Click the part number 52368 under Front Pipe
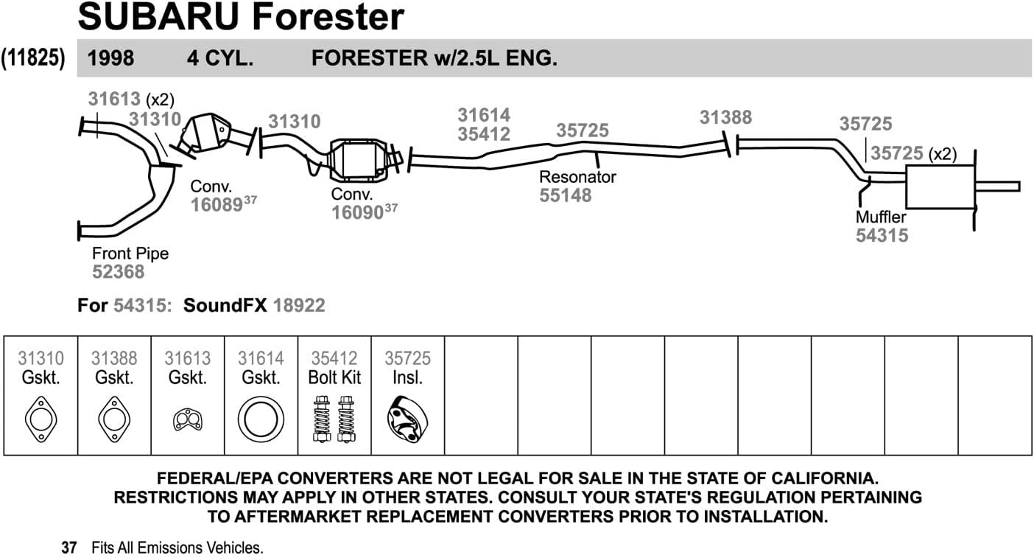click(118, 272)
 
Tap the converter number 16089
click(217, 205)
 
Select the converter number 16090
click(357, 213)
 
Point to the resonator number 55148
click(565, 195)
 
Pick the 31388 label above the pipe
click(725, 117)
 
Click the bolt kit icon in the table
click(334, 418)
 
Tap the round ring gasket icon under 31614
click(261, 419)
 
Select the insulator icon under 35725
click(407, 419)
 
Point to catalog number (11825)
click(34, 58)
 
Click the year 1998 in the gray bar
click(110, 59)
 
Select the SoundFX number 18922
click(298, 305)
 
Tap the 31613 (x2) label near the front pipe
click(131, 99)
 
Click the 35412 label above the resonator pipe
click(483, 134)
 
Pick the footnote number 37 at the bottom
click(69, 548)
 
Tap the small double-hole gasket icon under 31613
click(187, 419)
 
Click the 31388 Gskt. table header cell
click(114, 368)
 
